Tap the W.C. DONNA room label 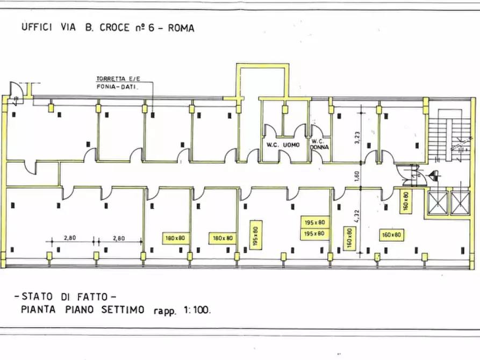(x=319, y=144)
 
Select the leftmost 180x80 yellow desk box (x=175, y=237)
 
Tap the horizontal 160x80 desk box (x=391, y=234)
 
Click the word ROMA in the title (x=181, y=28)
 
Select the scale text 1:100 (x=196, y=310)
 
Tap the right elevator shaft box (x=460, y=203)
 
